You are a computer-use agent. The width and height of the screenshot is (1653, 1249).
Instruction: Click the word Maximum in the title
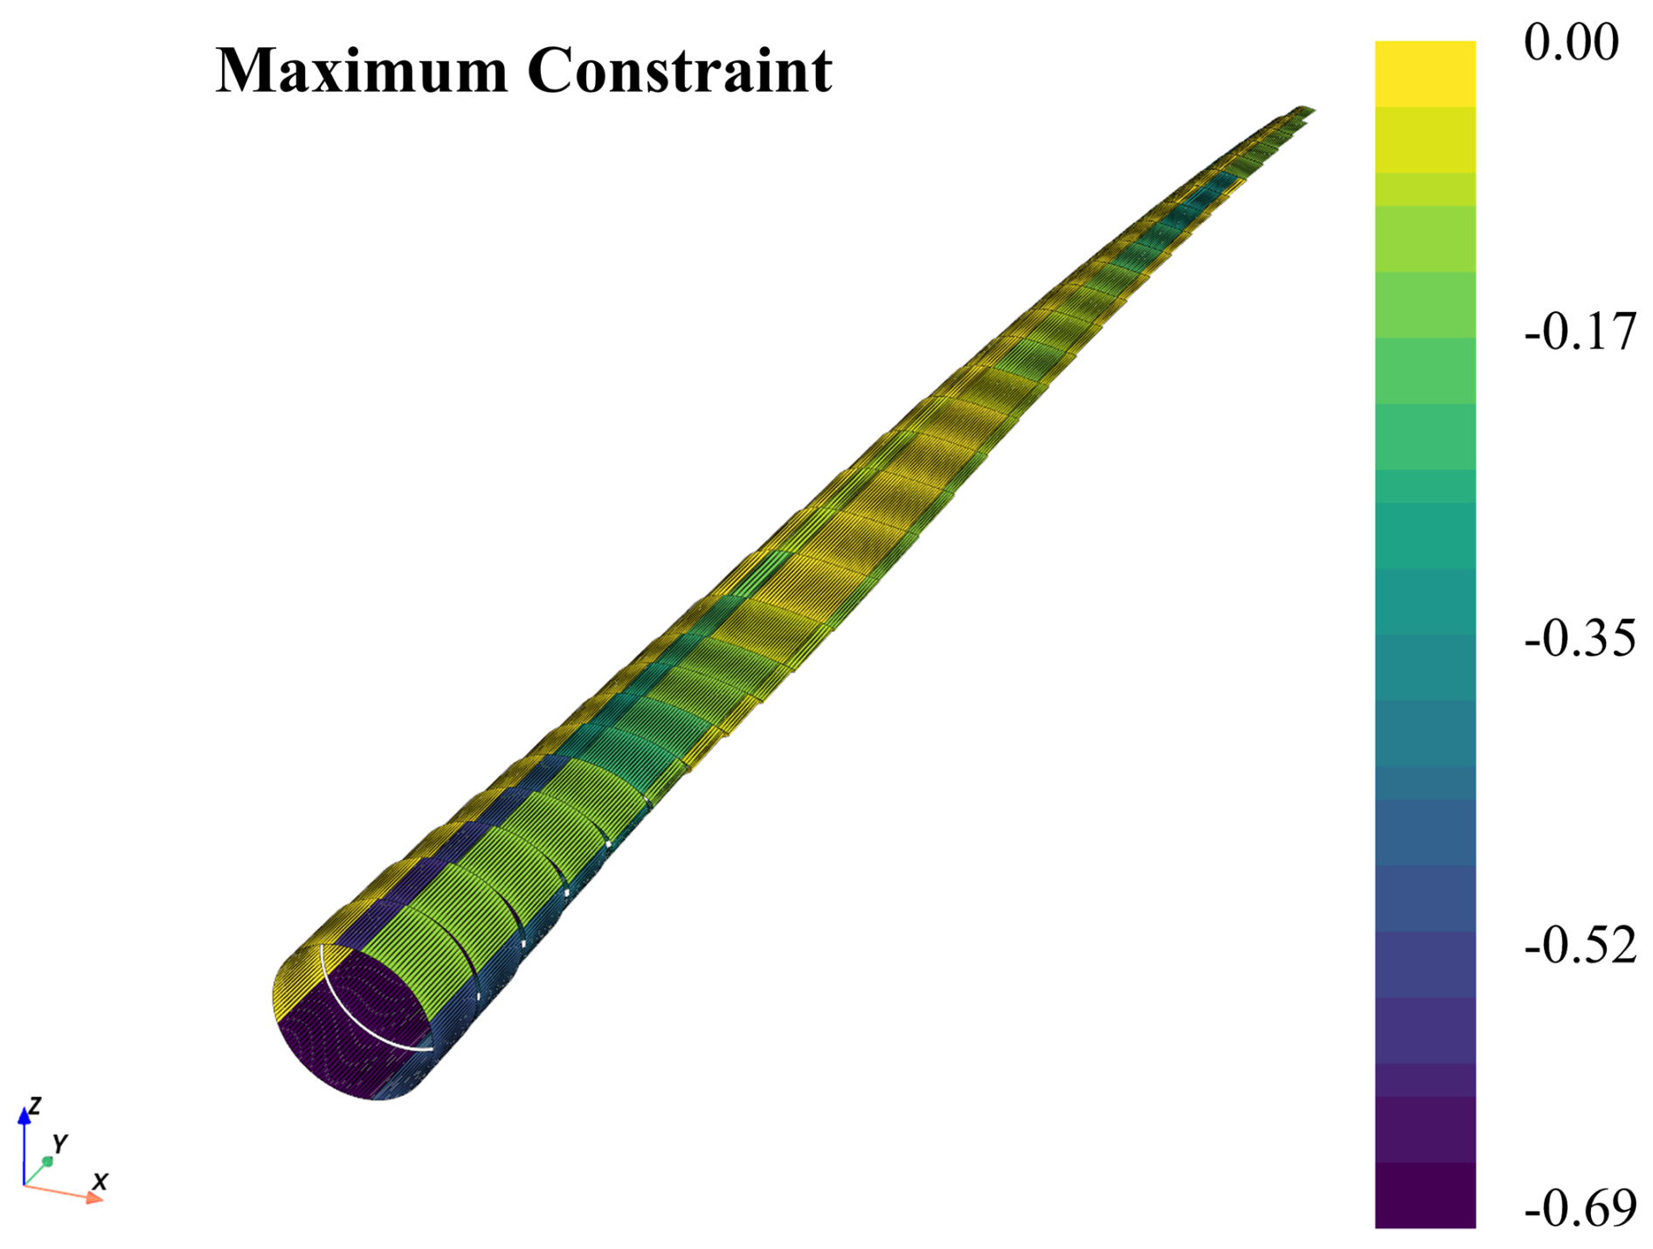tap(361, 70)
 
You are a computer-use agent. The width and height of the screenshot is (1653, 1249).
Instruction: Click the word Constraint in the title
tap(680, 70)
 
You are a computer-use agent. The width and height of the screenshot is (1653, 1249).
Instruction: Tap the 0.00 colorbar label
tap(1571, 41)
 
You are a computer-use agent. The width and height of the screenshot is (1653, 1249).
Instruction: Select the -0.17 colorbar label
tap(1580, 332)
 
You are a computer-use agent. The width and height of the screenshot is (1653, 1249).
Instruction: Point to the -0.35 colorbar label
tap(1580, 638)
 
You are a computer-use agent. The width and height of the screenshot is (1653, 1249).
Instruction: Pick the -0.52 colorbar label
tap(1580, 945)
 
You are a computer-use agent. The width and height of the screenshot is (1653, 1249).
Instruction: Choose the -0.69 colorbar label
tap(1580, 1209)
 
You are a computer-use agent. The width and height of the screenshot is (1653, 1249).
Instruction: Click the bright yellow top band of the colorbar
tap(1425, 74)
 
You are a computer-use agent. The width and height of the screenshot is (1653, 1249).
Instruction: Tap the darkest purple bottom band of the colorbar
tap(1425, 1195)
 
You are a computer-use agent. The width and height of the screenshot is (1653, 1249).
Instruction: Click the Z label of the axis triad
tap(35, 1106)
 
